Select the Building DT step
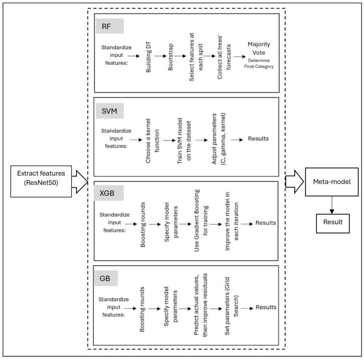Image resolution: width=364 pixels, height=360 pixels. click(149, 57)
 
